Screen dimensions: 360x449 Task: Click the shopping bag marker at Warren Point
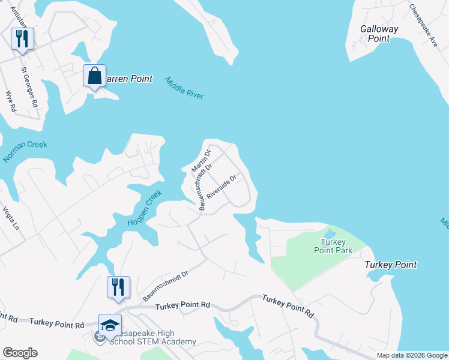tap(94, 76)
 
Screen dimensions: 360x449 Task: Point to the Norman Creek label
tap(25, 152)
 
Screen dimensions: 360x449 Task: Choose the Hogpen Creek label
tap(144, 209)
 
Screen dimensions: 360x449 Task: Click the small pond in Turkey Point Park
tap(330, 233)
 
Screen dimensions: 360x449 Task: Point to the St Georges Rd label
tap(29, 86)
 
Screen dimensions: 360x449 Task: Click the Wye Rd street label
tap(10, 101)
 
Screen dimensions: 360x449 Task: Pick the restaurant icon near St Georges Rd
tap(22, 39)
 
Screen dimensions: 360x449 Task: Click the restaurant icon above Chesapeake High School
tap(118, 287)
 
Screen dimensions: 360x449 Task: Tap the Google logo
tap(19, 353)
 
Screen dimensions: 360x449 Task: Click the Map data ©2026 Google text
tap(411, 355)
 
